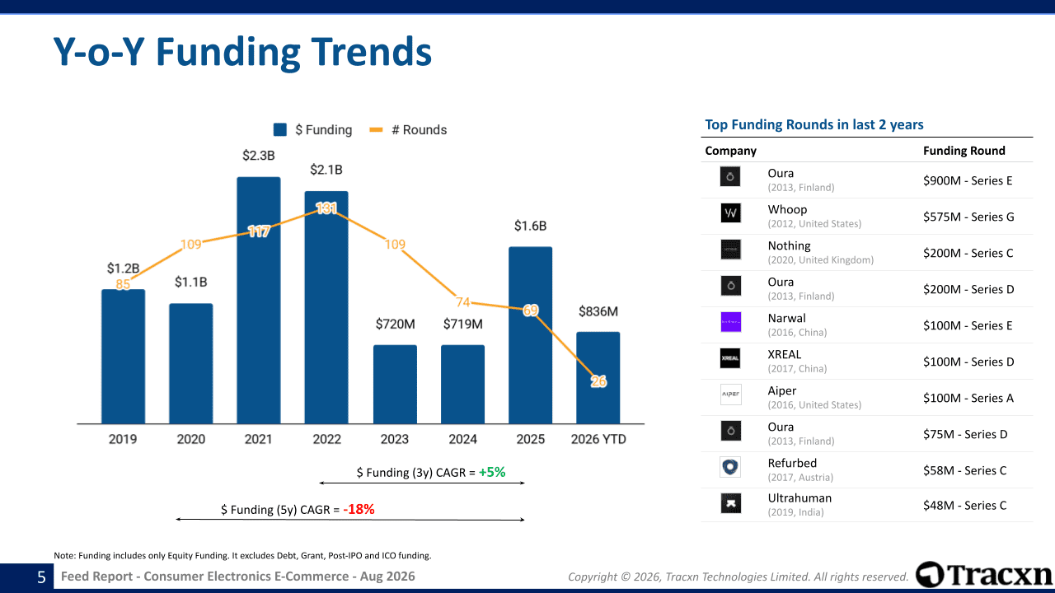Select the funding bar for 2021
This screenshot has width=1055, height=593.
pyautogui.click(x=259, y=301)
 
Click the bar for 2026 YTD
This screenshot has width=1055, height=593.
pyautogui.click(x=598, y=378)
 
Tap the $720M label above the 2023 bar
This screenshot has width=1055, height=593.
pyautogui.click(x=395, y=324)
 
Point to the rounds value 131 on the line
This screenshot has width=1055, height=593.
pyautogui.click(x=326, y=208)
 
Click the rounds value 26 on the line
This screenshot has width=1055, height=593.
pyautogui.click(x=598, y=381)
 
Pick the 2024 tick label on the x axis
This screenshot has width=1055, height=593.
pyautogui.click(x=462, y=439)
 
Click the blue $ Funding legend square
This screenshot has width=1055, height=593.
pyautogui.click(x=280, y=129)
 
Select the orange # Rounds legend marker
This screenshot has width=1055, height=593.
pyautogui.click(x=376, y=129)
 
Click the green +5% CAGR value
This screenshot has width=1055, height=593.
pyautogui.click(x=492, y=472)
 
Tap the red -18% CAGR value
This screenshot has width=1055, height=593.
pyautogui.click(x=359, y=509)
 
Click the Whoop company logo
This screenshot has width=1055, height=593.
pyautogui.click(x=730, y=212)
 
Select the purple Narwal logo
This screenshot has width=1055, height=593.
pyautogui.click(x=730, y=322)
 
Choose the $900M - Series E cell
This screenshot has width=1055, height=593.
pyautogui.click(x=968, y=180)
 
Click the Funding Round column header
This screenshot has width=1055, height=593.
pyautogui.click(x=964, y=151)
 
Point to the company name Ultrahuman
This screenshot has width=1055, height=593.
pyautogui.click(x=799, y=498)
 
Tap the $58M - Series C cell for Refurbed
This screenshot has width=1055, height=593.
pyautogui.click(x=964, y=470)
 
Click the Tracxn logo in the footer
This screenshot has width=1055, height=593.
pyautogui.click(x=983, y=575)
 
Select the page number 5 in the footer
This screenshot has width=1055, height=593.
pyautogui.click(x=41, y=577)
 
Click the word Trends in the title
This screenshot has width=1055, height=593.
pyautogui.click(x=371, y=52)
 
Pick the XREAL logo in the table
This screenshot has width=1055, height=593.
pyautogui.click(x=730, y=358)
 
